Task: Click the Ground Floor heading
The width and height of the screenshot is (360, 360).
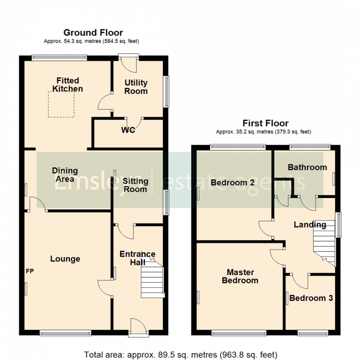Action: (93, 33)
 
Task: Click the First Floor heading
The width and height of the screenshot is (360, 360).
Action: (265, 123)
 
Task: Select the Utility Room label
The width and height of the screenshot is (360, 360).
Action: (136, 87)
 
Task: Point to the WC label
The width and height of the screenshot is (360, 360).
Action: (128, 130)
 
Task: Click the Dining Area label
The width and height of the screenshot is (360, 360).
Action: (65, 174)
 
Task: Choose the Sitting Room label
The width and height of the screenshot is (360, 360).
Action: (135, 185)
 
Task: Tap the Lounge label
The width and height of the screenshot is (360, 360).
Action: (65, 259)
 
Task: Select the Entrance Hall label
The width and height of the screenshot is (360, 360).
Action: (137, 258)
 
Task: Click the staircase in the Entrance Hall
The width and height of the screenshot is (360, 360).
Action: (152, 282)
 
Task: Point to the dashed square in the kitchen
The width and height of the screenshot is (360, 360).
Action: (61, 103)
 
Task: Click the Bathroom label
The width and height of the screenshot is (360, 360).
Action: (307, 167)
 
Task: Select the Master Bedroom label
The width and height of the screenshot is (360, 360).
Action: (240, 276)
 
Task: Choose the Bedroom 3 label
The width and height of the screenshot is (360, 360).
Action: (311, 298)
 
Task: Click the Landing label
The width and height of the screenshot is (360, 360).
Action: (310, 224)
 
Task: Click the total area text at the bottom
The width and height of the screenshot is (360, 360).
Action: (180, 354)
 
